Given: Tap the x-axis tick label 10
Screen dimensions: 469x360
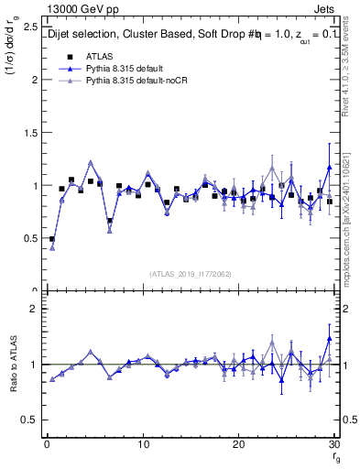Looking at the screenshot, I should (x=142, y=444).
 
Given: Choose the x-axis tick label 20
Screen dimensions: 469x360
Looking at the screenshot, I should (x=238, y=444).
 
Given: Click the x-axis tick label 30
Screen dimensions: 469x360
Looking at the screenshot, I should (x=333, y=444).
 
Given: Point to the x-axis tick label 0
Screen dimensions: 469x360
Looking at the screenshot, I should (x=46, y=444).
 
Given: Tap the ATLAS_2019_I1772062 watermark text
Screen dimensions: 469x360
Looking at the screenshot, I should (x=191, y=273).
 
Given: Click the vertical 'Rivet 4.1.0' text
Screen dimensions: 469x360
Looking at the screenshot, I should (x=351, y=73).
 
